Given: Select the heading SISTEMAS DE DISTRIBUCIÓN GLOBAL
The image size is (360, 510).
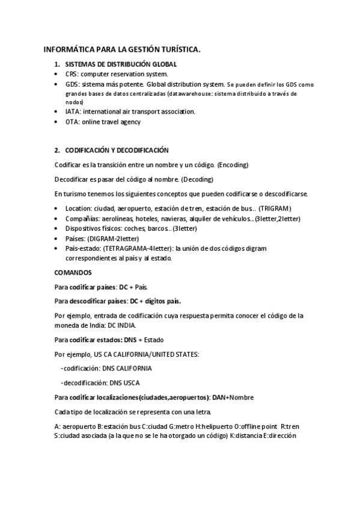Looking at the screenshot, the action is tap(121, 64).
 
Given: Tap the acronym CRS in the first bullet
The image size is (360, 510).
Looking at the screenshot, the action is tap(72, 73).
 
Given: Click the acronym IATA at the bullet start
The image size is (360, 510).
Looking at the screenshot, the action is tap(73, 111).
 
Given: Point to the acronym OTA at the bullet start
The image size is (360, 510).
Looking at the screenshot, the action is tap(72, 121).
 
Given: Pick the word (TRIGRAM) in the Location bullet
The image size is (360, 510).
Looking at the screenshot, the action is tap(275, 209).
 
